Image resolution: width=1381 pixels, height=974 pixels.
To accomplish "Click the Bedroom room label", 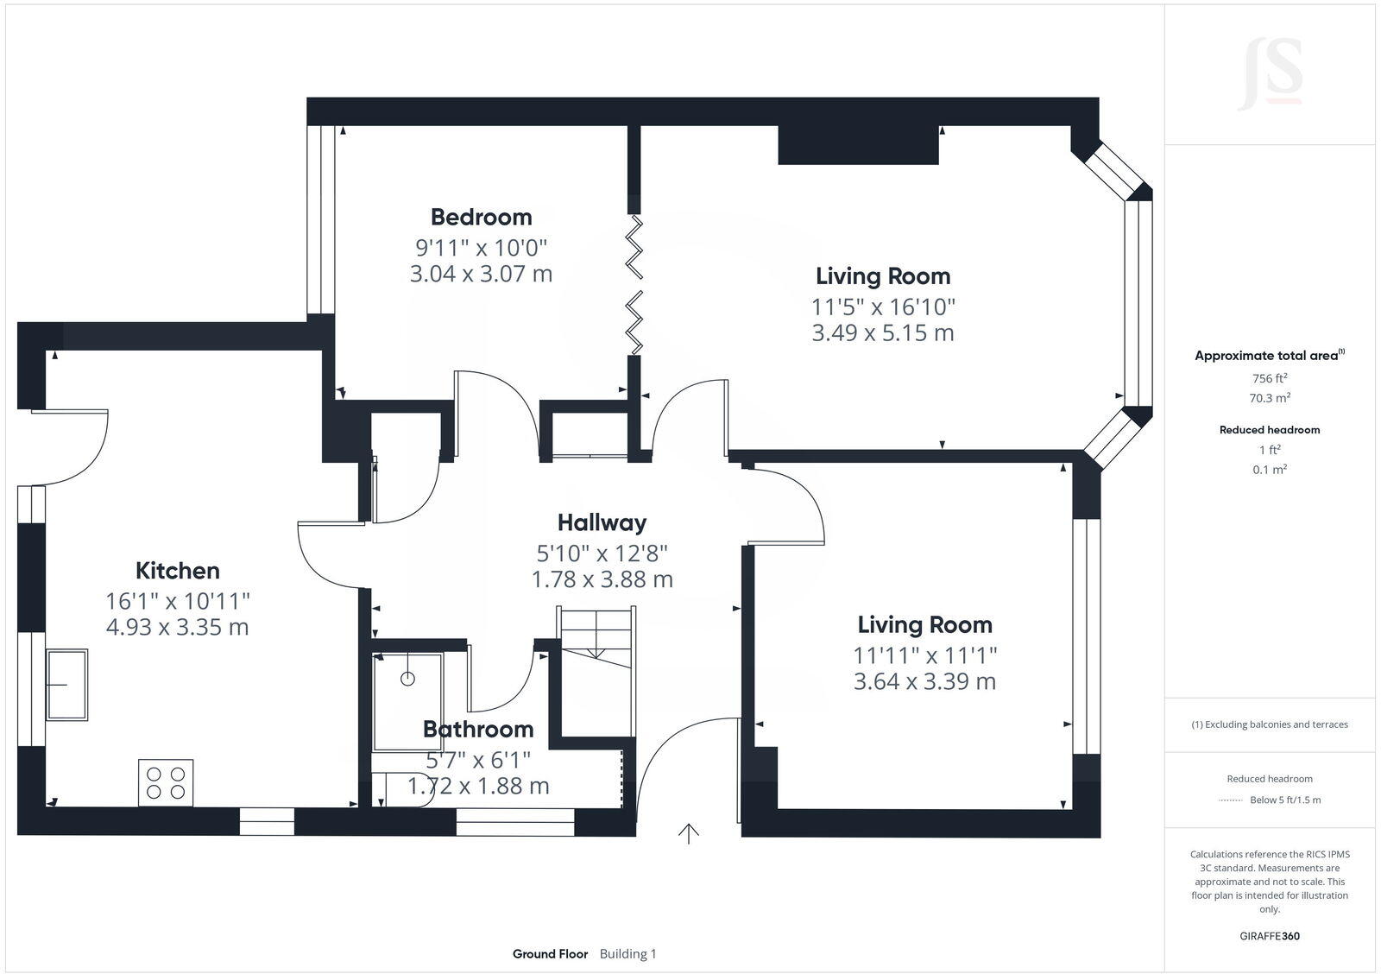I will (481, 217).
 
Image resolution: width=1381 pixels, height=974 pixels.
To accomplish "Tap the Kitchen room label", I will (177, 571).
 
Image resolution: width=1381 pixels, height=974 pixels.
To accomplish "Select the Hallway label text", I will (602, 522).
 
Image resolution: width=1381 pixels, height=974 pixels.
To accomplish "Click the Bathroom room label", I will (478, 730).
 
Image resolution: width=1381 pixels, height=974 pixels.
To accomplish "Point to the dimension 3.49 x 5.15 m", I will (882, 332).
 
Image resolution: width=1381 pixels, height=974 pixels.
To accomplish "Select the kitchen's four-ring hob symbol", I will (166, 783).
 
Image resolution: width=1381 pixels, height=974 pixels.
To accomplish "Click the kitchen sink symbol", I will (67, 685).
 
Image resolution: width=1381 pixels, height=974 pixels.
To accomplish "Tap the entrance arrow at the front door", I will (688, 833).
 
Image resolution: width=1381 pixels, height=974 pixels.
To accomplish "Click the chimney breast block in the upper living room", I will (858, 145).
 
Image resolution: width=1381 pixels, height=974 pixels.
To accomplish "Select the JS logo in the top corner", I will (1270, 75).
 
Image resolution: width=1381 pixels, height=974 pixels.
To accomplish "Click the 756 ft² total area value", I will (1270, 378).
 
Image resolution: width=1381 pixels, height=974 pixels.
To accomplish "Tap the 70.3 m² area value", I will (1270, 398).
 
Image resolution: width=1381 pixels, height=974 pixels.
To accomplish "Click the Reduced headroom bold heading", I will (1269, 429).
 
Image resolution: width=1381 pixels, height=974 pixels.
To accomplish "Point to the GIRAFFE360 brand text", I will (1270, 936).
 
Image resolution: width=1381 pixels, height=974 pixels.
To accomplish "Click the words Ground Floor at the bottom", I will (550, 954).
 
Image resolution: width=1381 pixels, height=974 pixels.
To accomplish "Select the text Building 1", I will (627, 954).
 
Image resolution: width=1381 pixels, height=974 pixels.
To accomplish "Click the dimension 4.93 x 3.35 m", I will (177, 627).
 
